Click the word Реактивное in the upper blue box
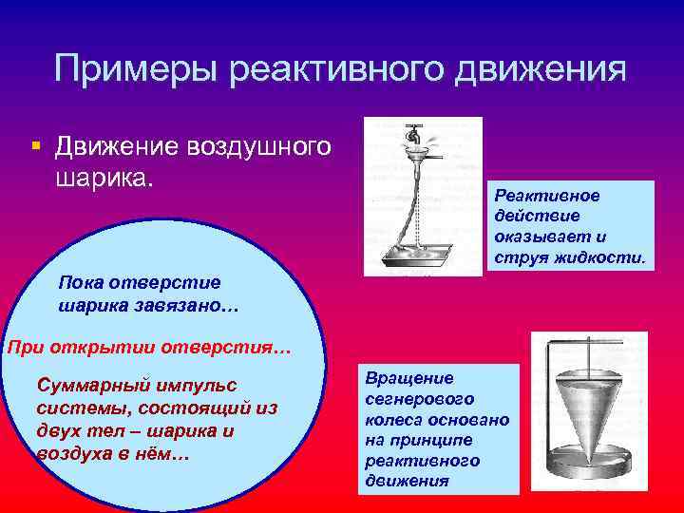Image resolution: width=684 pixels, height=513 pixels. click(546, 195)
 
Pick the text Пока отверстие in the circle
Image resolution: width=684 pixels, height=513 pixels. click(139, 282)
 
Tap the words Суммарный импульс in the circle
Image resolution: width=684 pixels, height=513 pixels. click(137, 386)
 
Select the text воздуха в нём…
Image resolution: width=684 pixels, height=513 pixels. click(114, 454)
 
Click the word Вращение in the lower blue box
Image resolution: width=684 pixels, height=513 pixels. click(403, 377)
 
